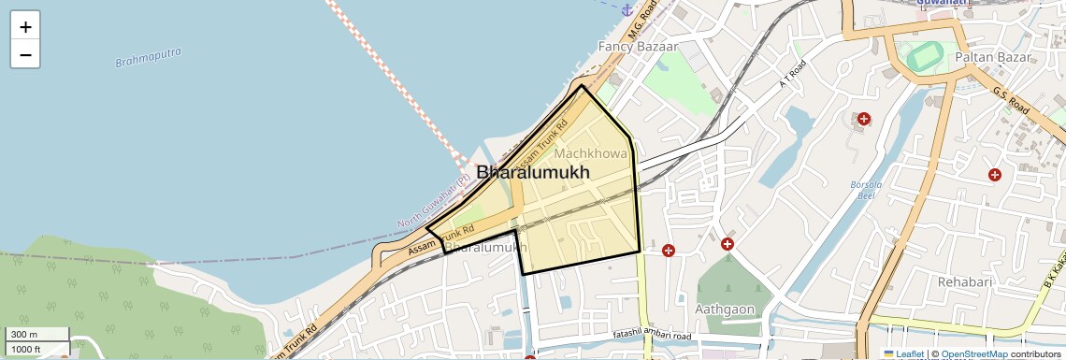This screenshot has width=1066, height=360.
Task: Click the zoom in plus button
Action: click(25, 26)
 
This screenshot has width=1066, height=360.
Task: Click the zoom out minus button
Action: click(25, 54)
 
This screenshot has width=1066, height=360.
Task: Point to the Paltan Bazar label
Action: click(992, 57)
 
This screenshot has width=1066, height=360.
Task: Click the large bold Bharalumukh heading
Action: click(533, 173)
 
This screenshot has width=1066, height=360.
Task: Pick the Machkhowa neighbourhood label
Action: click(591, 152)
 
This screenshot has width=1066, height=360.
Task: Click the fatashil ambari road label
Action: click(651, 336)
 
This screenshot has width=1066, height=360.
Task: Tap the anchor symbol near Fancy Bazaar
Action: click(627, 8)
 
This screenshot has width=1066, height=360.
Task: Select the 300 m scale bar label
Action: click(24, 335)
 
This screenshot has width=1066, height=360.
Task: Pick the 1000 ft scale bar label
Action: click(26, 349)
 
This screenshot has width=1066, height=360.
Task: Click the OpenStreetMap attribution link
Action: click(973, 354)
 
